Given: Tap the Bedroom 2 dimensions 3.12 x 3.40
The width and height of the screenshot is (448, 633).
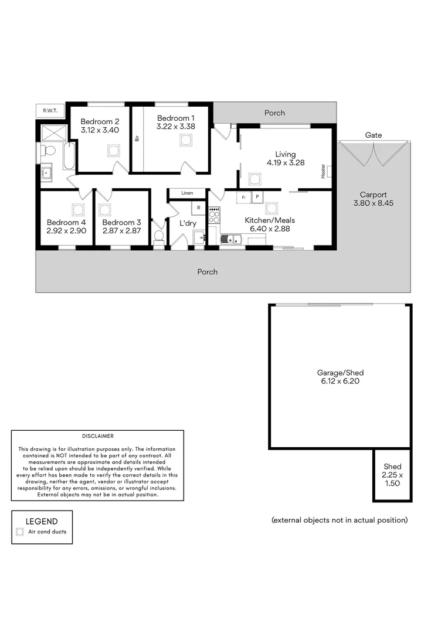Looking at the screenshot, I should click(x=100, y=130).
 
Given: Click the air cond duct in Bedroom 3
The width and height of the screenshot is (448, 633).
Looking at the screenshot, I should click(x=105, y=209).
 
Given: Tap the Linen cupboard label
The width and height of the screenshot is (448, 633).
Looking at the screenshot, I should click(x=187, y=193).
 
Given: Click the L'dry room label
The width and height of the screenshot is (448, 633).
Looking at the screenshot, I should click(x=188, y=223).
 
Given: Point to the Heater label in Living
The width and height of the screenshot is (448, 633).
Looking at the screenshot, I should click(x=323, y=171).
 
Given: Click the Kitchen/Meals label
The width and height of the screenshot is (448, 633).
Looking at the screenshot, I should click(x=270, y=220).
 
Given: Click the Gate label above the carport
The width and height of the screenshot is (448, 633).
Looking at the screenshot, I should click(x=374, y=135).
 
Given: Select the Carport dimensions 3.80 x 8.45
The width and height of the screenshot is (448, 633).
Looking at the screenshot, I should click(x=374, y=203).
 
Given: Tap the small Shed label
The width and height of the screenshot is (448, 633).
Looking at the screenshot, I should click(x=393, y=467).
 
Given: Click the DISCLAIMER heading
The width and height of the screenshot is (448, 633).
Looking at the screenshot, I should click(x=98, y=436).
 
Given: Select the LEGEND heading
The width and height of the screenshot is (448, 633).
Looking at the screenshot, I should click(x=42, y=521).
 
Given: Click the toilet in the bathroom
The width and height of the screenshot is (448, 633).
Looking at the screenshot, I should click(x=49, y=151).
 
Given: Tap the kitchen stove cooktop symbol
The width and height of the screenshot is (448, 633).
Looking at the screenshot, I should click(x=214, y=215).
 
